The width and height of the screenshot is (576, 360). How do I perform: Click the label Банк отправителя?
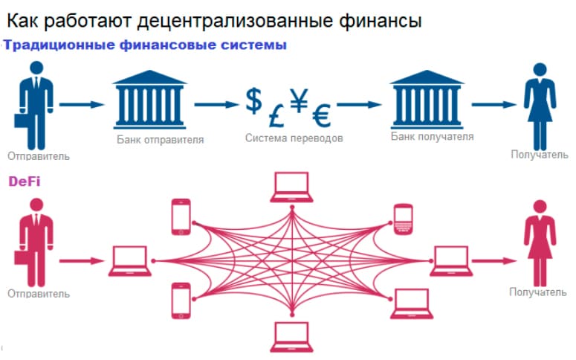coord(160,139)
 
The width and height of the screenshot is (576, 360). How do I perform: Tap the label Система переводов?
coord(294,138)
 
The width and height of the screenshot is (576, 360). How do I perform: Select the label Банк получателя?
coord(432,137)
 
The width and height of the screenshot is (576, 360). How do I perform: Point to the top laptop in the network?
coord(291,187)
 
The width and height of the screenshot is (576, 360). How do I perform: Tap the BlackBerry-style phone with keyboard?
coord(404,217)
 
